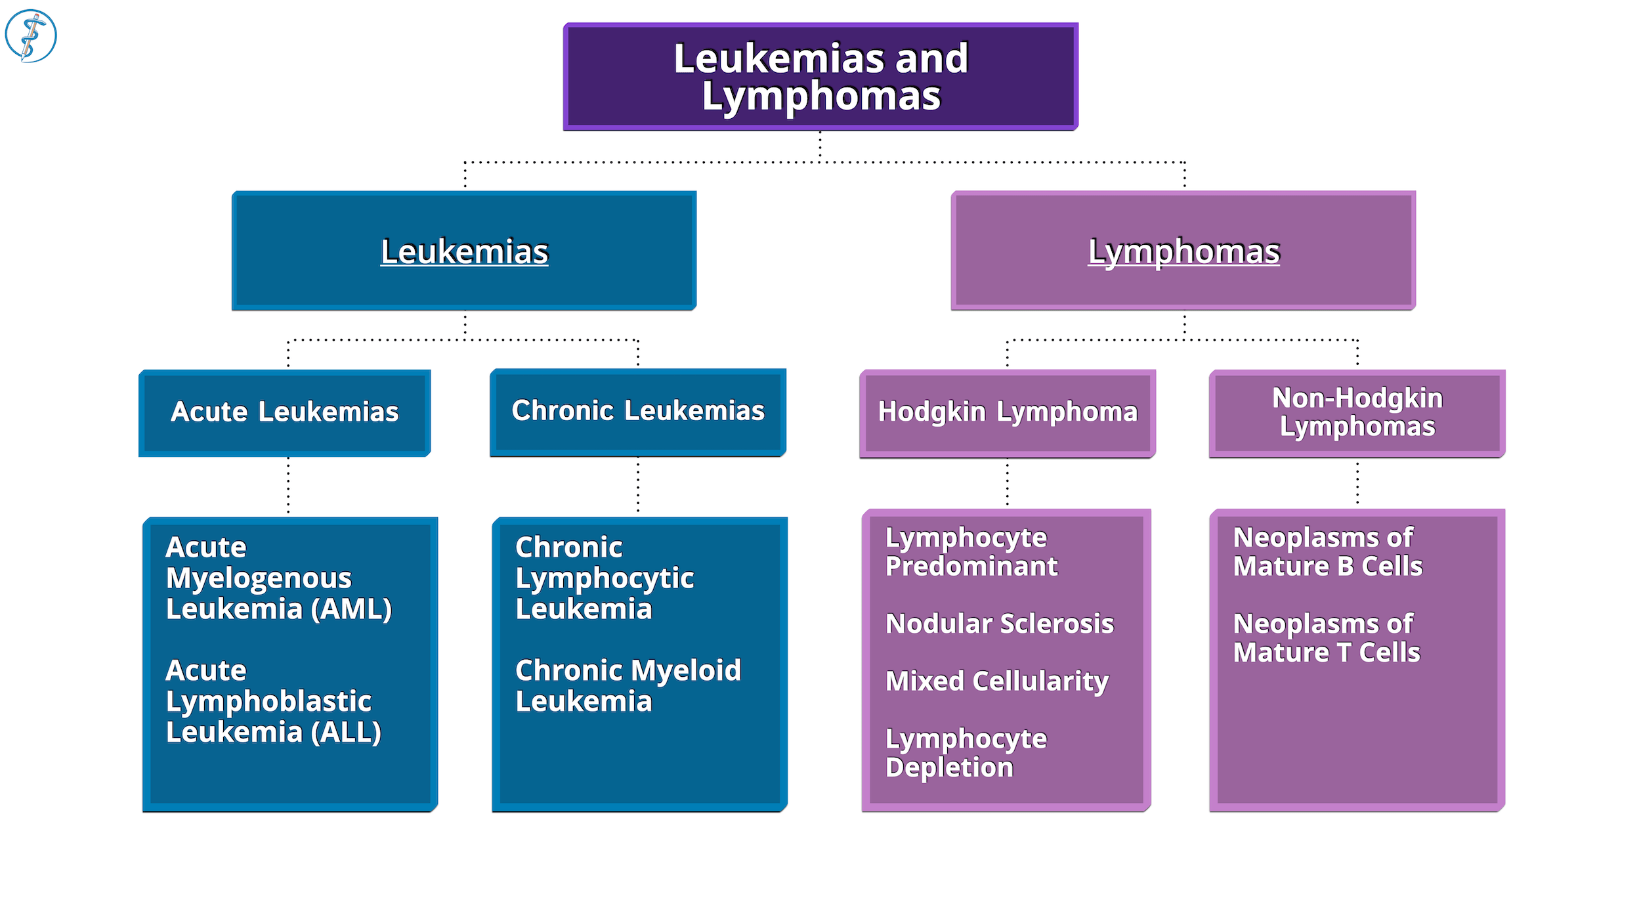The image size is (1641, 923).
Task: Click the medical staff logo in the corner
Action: pos(31,36)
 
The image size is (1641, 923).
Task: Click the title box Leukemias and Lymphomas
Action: pos(820,77)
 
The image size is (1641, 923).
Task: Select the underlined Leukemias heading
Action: pos(464,251)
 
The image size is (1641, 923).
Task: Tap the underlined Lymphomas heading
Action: pos(1183,251)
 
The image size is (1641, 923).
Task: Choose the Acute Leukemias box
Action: pos(285,412)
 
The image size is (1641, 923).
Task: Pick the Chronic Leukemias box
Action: pos(638,411)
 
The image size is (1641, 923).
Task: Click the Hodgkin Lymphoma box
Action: pos(1008,412)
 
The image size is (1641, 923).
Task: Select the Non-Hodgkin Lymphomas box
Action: pos(1357,412)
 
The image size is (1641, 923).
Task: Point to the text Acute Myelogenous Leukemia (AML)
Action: pos(278,578)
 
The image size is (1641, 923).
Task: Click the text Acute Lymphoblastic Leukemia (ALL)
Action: pos(273,701)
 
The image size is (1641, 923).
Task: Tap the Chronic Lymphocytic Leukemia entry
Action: pos(604,578)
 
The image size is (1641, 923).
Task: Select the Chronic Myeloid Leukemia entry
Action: pos(628,686)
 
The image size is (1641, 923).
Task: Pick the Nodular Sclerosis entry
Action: pos(999,624)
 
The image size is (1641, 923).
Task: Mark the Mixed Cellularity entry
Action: pos(996,681)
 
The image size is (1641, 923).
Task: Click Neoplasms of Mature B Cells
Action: pos(1327,552)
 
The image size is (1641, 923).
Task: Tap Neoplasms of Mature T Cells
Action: pos(1326,638)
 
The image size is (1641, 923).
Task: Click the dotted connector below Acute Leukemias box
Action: pos(288,486)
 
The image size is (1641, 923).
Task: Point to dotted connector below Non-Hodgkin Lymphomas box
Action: pos(1357,483)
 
